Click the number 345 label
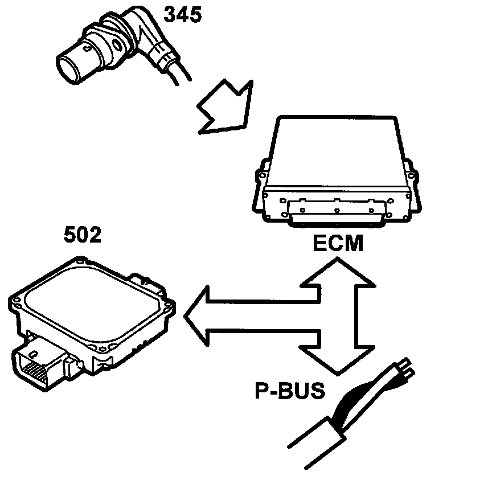[x=182, y=15]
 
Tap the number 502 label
[x=82, y=235]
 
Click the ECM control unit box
[x=336, y=171]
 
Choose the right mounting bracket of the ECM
[x=415, y=188]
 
